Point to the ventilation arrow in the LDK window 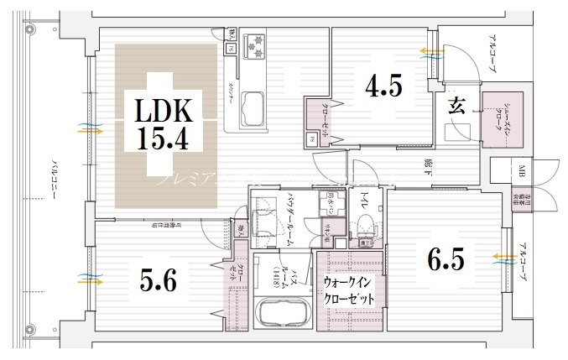coord(90,130)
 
